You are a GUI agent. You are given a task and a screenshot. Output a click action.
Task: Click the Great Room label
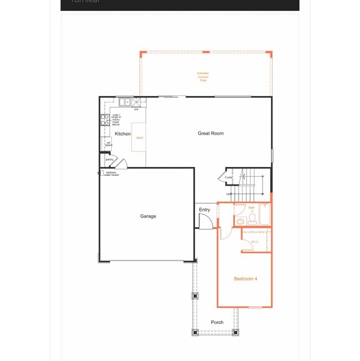coord(210,133)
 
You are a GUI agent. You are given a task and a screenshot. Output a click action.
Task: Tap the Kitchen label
coord(122,134)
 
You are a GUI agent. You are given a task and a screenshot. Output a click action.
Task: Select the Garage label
coord(148,216)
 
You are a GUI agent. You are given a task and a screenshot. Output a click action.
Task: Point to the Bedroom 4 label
coord(245,278)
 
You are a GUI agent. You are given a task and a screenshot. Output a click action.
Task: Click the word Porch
coord(217,322)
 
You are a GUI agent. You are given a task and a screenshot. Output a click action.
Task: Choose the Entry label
coord(204,210)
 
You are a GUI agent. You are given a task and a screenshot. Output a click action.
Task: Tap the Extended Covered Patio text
coord(203,77)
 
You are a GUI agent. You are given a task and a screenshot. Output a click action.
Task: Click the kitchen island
coord(139,137)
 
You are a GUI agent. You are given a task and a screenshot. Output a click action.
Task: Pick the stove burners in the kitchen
coord(104,121)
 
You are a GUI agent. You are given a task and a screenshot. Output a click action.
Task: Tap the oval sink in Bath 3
coord(240,221)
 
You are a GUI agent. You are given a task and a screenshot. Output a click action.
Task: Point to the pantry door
coord(124,163)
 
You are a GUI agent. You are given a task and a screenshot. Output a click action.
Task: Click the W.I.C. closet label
coord(255,242)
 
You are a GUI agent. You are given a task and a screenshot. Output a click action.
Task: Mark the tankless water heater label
coord(111,174)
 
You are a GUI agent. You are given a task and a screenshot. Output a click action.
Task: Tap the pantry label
coord(110,160)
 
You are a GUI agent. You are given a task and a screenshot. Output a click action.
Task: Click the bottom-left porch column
coord(195,333)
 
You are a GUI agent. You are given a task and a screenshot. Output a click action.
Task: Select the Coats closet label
coord(228,177)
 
